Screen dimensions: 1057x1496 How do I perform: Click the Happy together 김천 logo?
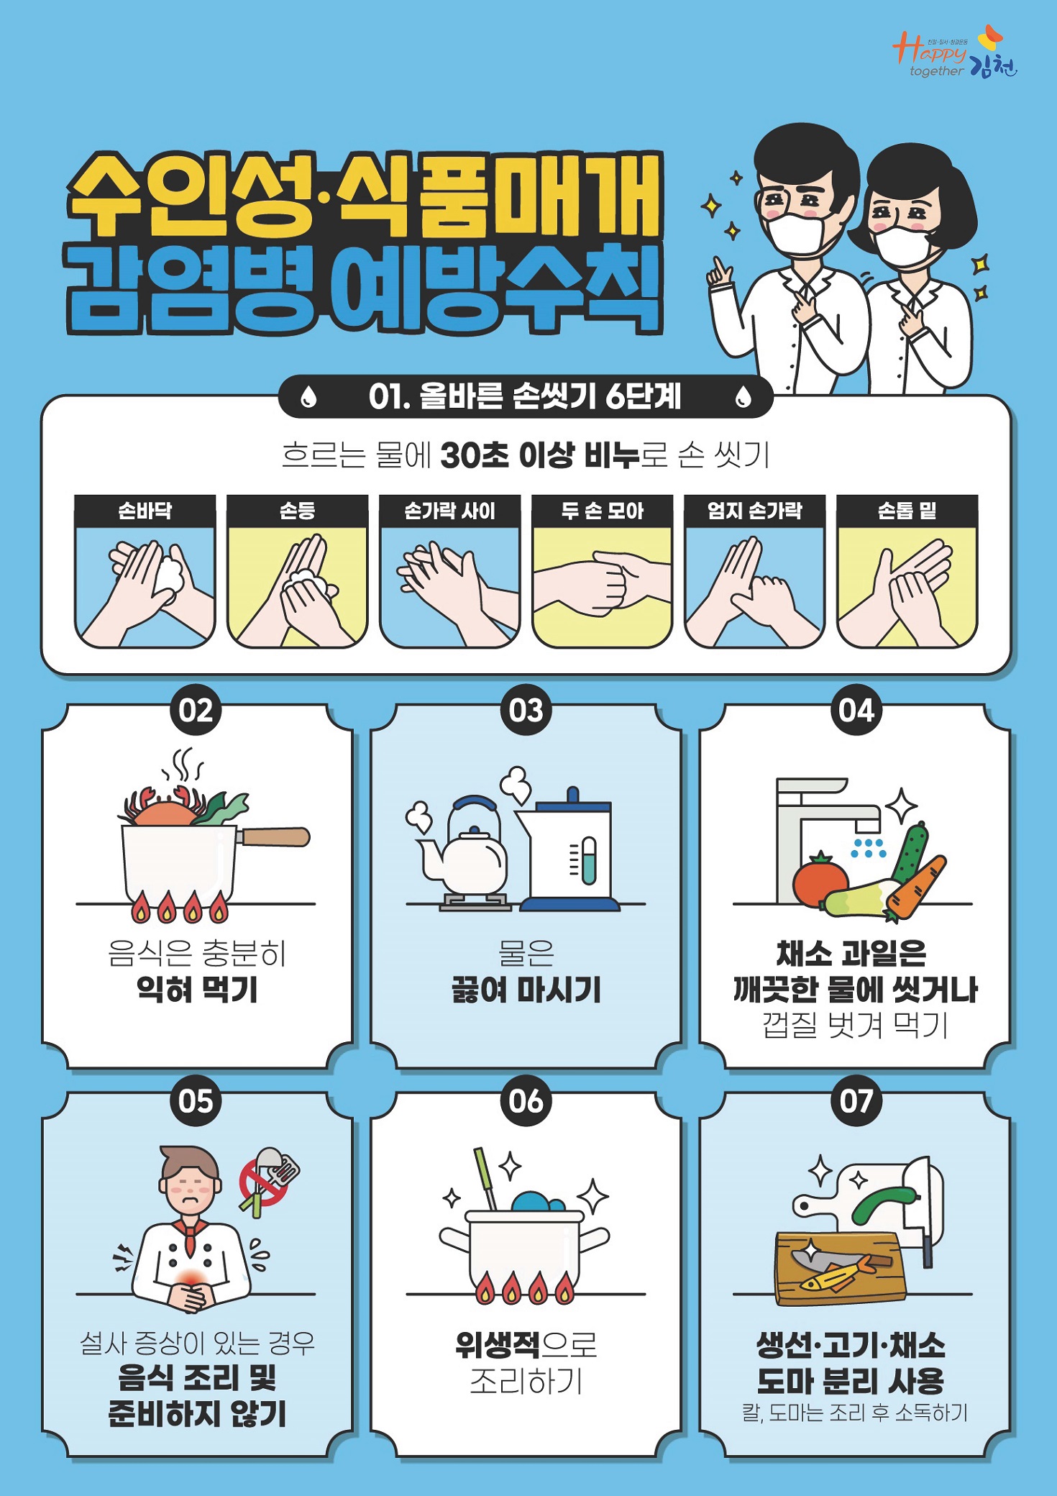(955, 53)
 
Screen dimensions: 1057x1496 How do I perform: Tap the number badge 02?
(196, 710)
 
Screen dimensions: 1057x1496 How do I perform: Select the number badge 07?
(856, 1101)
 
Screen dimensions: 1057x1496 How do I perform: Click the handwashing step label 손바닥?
(145, 511)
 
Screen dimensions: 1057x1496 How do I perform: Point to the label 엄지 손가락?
(754, 511)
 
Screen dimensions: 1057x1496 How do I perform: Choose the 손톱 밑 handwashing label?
(907, 511)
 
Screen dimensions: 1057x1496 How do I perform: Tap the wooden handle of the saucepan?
(275, 836)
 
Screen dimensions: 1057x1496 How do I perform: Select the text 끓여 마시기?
(526, 989)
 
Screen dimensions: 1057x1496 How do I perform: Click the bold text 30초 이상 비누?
(539, 455)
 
